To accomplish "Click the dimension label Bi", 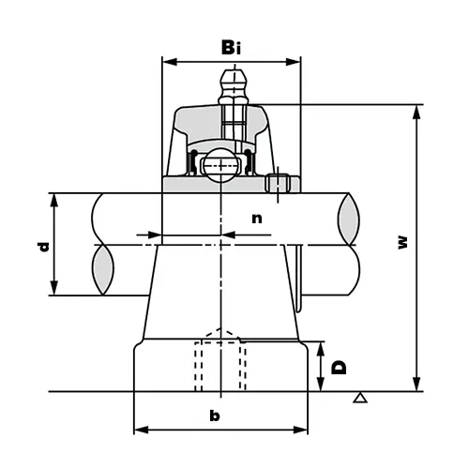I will click(x=232, y=47).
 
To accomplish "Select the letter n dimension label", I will click(x=256, y=218).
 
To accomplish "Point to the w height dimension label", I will click(x=402, y=241).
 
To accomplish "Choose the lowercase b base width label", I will click(x=215, y=415).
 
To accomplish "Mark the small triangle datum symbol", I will click(x=358, y=400).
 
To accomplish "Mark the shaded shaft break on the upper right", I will click(x=345, y=215).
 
